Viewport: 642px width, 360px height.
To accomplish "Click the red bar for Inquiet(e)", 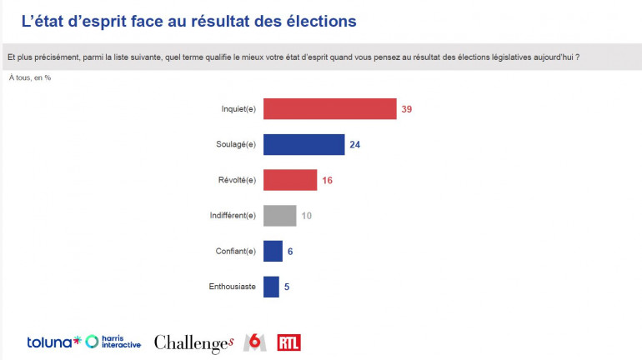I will point(329,109).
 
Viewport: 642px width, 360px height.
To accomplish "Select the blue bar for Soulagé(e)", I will point(303,144).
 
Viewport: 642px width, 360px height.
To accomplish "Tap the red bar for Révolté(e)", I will point(290,179).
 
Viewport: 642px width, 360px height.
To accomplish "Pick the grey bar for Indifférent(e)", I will point(279,215).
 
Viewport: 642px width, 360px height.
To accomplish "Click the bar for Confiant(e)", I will point(273,251).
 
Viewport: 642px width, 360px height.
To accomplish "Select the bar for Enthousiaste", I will point(271,287).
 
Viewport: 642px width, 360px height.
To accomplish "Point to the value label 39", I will point(407,109).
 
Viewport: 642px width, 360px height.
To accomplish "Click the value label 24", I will point(355,144).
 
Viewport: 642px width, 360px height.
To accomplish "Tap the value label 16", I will point(328,179).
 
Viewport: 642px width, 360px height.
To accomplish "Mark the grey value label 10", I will point(307,215).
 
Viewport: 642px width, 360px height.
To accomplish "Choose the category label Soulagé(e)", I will point(236,144).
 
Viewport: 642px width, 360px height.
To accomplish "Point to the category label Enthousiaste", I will point(232,287).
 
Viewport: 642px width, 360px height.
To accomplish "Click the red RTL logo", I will point(288,342).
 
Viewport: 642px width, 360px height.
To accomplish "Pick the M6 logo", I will point(254,342).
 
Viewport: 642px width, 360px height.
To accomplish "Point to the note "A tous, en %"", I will point(30,77).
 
